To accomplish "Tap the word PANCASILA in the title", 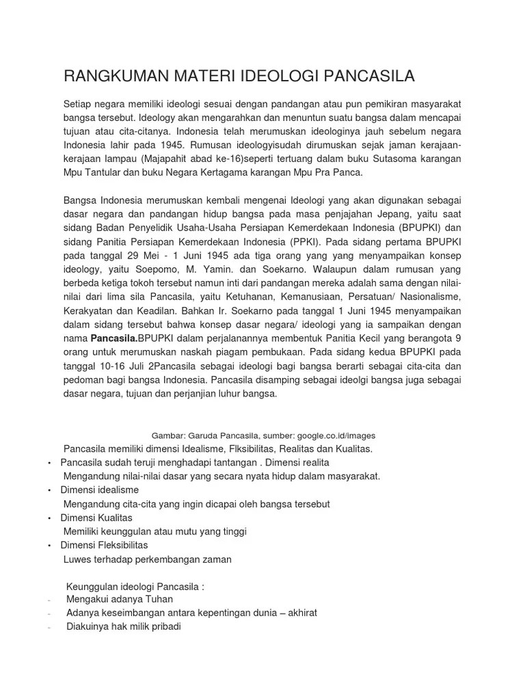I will [x=364, y=76].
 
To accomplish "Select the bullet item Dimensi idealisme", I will [x=100, y=490].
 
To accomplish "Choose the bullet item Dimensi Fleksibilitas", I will [x=104, y=545].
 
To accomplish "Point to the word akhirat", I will [x=299, y=612].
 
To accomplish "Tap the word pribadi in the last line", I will [x=163, y=626].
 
